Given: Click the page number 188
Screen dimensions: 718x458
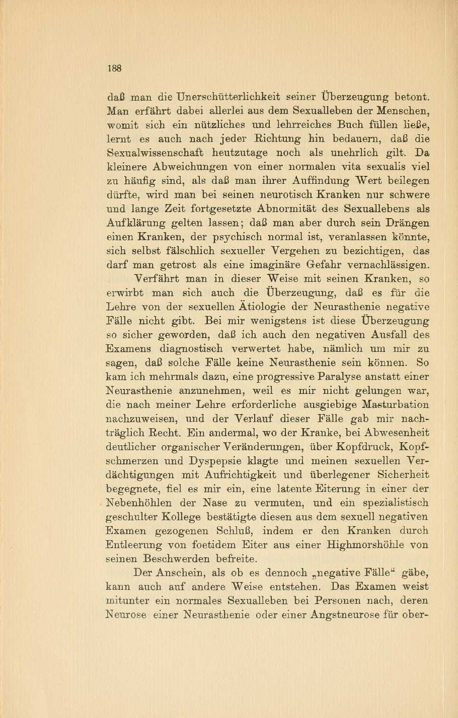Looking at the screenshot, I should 115,68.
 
